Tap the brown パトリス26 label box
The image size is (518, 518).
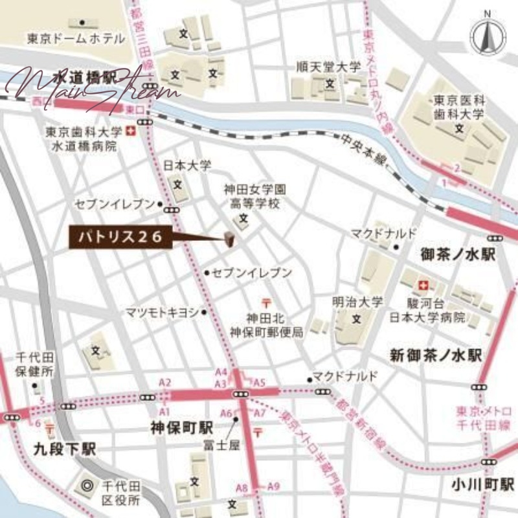tap(121, 238)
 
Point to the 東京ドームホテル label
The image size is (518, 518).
tap(76, 39)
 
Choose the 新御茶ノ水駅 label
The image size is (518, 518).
tap(436, 355)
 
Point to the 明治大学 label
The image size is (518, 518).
tap(357, 302)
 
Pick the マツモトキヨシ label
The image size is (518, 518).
tap(162, 312)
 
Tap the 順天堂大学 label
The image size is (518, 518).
tap(328, 67)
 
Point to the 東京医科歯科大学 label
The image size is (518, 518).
tap(458, 108)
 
